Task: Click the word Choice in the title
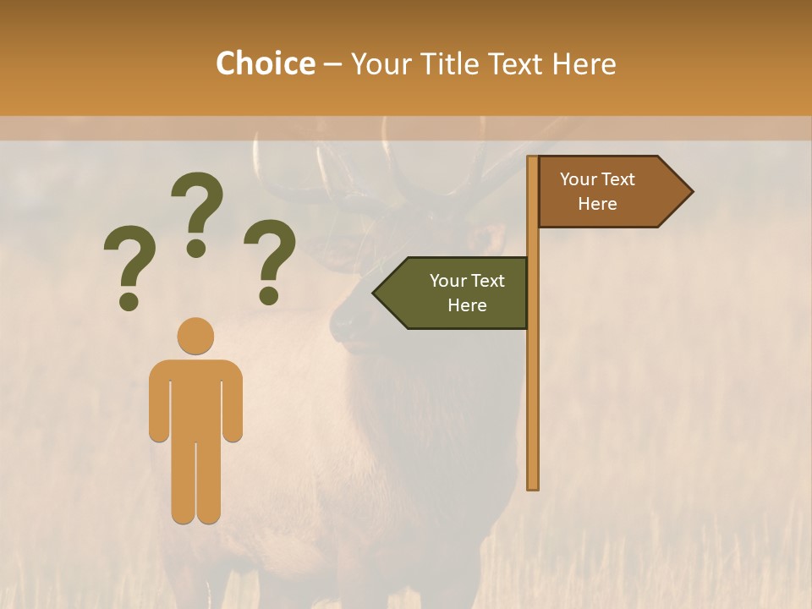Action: [265, 63]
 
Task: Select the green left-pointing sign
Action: [457, 293]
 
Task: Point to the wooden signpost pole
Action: [533, 381]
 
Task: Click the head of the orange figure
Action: [195, 336]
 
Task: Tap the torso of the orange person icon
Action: [195, 398]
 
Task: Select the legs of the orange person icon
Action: [195, 482]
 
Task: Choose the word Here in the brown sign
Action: [597, 204]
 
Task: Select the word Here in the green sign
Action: [467, 305]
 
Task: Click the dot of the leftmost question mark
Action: [129, 301]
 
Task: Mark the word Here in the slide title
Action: [584, 63]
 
